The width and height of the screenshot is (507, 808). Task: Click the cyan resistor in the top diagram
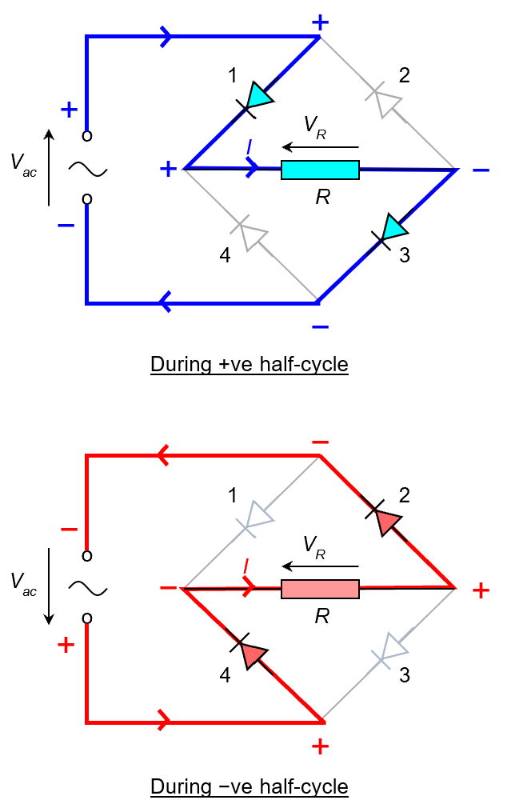(x=320, y=170)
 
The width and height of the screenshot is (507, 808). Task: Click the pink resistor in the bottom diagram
(x=320, y=590)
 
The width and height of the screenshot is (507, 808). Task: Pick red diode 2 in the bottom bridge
(x=386, y=521)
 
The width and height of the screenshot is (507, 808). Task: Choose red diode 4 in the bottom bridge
(x=253, y=654)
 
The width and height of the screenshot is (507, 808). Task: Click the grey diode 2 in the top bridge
(x=387, y=100)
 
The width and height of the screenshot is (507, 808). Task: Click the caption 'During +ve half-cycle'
(x=250, y=365)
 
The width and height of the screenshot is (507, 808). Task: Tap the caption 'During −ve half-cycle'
(x=250, y=786)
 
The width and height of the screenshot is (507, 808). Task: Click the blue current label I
(x=250, y=148)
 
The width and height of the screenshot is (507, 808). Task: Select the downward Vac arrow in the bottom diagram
(x=49, y=586)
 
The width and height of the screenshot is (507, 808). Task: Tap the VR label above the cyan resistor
(x=313, y=125)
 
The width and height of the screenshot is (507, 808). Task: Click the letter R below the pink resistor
(x=322, y=618)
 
